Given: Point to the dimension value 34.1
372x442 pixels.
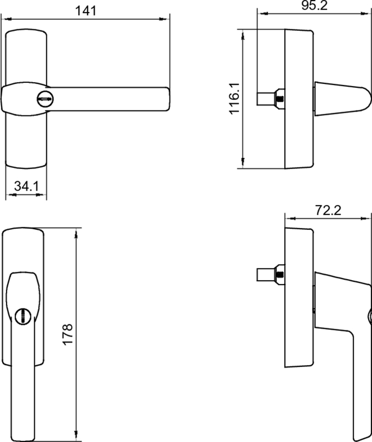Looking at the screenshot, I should click(26, 187).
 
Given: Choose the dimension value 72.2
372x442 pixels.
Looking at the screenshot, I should click(328, 210).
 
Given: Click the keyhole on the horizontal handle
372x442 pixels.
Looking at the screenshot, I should click(44, 99).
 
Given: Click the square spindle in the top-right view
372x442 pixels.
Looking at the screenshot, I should click(268, 99).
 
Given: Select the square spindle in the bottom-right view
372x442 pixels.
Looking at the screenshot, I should click(268, 275).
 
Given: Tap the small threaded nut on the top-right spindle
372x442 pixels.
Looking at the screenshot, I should click(280, 99).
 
